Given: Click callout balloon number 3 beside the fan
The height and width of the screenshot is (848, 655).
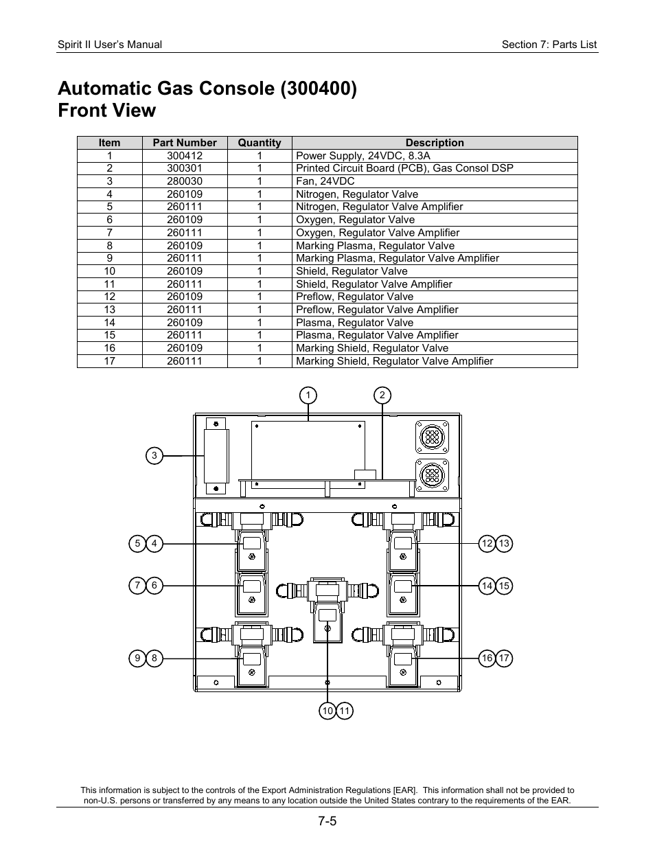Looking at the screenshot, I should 154,455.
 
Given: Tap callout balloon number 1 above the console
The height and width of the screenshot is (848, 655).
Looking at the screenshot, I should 308,395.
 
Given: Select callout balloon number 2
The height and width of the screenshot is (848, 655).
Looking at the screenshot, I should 382,395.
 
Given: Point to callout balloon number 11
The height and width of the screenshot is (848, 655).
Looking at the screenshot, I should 345,711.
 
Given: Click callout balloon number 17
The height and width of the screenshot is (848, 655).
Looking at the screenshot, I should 505,658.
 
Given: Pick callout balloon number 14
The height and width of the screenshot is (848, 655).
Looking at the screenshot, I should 487,586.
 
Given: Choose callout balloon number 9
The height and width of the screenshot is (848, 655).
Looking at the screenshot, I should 137,658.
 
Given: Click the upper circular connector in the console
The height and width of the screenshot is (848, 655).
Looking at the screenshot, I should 432,436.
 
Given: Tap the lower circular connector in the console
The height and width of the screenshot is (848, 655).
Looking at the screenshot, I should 432,474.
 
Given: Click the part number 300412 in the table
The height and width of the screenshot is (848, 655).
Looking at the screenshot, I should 185,156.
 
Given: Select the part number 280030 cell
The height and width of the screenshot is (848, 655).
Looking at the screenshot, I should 185,181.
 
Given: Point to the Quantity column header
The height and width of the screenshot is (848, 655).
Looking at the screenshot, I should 260,143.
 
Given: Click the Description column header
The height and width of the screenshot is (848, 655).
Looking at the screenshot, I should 435,143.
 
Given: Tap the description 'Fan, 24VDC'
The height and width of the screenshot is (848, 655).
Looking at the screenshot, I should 325,181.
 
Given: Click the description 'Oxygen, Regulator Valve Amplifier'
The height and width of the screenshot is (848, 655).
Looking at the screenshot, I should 378,233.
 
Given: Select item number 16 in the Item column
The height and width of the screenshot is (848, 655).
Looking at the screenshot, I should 110,348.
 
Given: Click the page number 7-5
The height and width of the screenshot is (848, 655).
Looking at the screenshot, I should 327,822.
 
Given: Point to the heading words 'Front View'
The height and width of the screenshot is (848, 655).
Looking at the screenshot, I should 107,111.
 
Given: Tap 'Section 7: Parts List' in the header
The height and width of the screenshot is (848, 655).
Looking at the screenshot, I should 549,45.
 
